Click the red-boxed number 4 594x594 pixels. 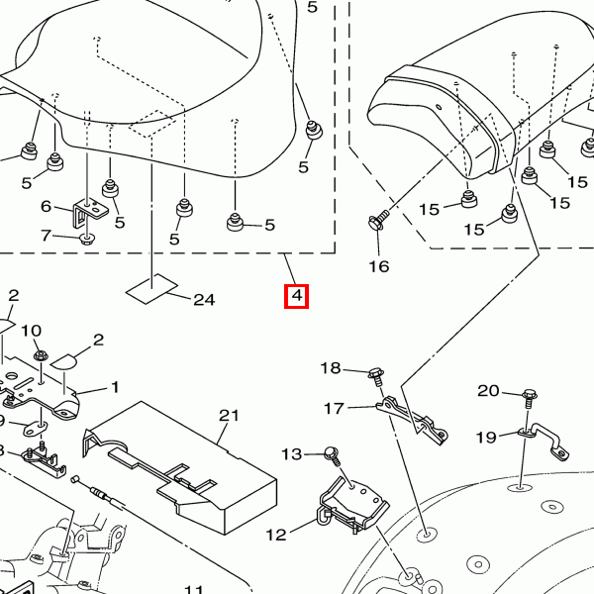click(296, 296)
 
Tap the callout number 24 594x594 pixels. click(204, 300)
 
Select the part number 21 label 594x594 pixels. click(230, 416)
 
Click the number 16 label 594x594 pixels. click(379, 265)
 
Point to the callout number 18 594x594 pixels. click(330, 368)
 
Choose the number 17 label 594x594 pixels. click(334, 408)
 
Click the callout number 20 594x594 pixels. click(489, 391)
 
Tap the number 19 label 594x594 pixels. click(485, 437)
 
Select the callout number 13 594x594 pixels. click(290, 453)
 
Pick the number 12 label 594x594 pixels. click(275, 535)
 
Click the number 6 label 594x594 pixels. click(46, 207)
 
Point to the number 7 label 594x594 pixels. click(46, 235)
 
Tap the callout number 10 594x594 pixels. click(31, 331)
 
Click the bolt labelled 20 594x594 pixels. click(531, 396)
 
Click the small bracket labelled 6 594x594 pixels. click(89, 209)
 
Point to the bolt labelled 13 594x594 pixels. click(333, 455)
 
